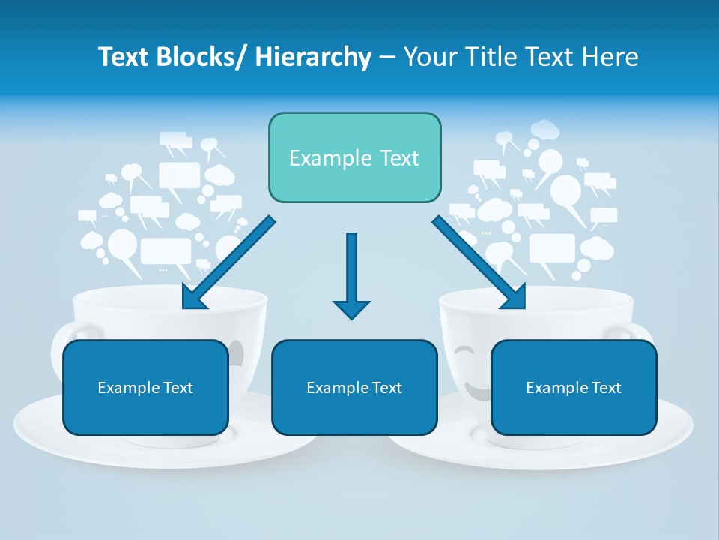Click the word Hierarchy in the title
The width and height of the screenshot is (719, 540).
313,57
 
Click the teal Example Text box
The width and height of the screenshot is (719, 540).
354,157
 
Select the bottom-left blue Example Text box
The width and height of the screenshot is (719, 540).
145,387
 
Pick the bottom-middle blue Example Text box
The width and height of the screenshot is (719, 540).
354,387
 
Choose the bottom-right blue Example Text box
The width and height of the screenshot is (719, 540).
574,387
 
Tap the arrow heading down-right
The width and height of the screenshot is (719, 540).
479,262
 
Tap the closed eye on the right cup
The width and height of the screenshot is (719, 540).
465,349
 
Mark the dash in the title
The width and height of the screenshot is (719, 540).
387,58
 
